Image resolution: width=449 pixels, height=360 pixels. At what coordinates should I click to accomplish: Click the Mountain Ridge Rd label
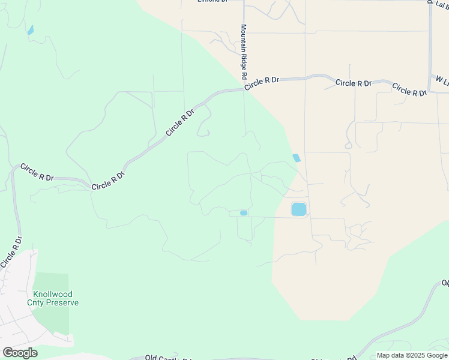point(244,52)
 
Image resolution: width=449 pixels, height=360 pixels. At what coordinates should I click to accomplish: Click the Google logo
point(20,353)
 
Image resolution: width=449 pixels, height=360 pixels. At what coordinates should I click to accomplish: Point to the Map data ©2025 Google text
point(412,355)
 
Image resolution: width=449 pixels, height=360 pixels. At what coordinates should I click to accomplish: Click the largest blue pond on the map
point(298,209)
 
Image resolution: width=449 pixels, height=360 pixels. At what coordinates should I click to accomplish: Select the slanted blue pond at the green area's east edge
point(297,158)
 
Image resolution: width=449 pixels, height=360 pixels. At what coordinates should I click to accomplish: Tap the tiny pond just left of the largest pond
point(244,213)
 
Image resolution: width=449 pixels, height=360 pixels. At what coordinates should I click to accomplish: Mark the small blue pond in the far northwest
point(30,29)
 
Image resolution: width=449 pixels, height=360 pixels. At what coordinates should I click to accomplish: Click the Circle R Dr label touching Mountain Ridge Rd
point(262,83)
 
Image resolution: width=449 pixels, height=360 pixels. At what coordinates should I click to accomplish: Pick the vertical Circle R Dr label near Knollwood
point(11,252)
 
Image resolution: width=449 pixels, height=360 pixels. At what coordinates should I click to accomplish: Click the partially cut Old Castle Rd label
point(167,358)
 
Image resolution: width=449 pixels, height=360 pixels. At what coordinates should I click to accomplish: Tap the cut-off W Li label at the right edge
point(442,81)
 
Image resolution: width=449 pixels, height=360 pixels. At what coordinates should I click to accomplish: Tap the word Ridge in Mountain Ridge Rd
point(244,62)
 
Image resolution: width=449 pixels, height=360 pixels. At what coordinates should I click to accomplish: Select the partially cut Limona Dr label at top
point(213,2)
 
